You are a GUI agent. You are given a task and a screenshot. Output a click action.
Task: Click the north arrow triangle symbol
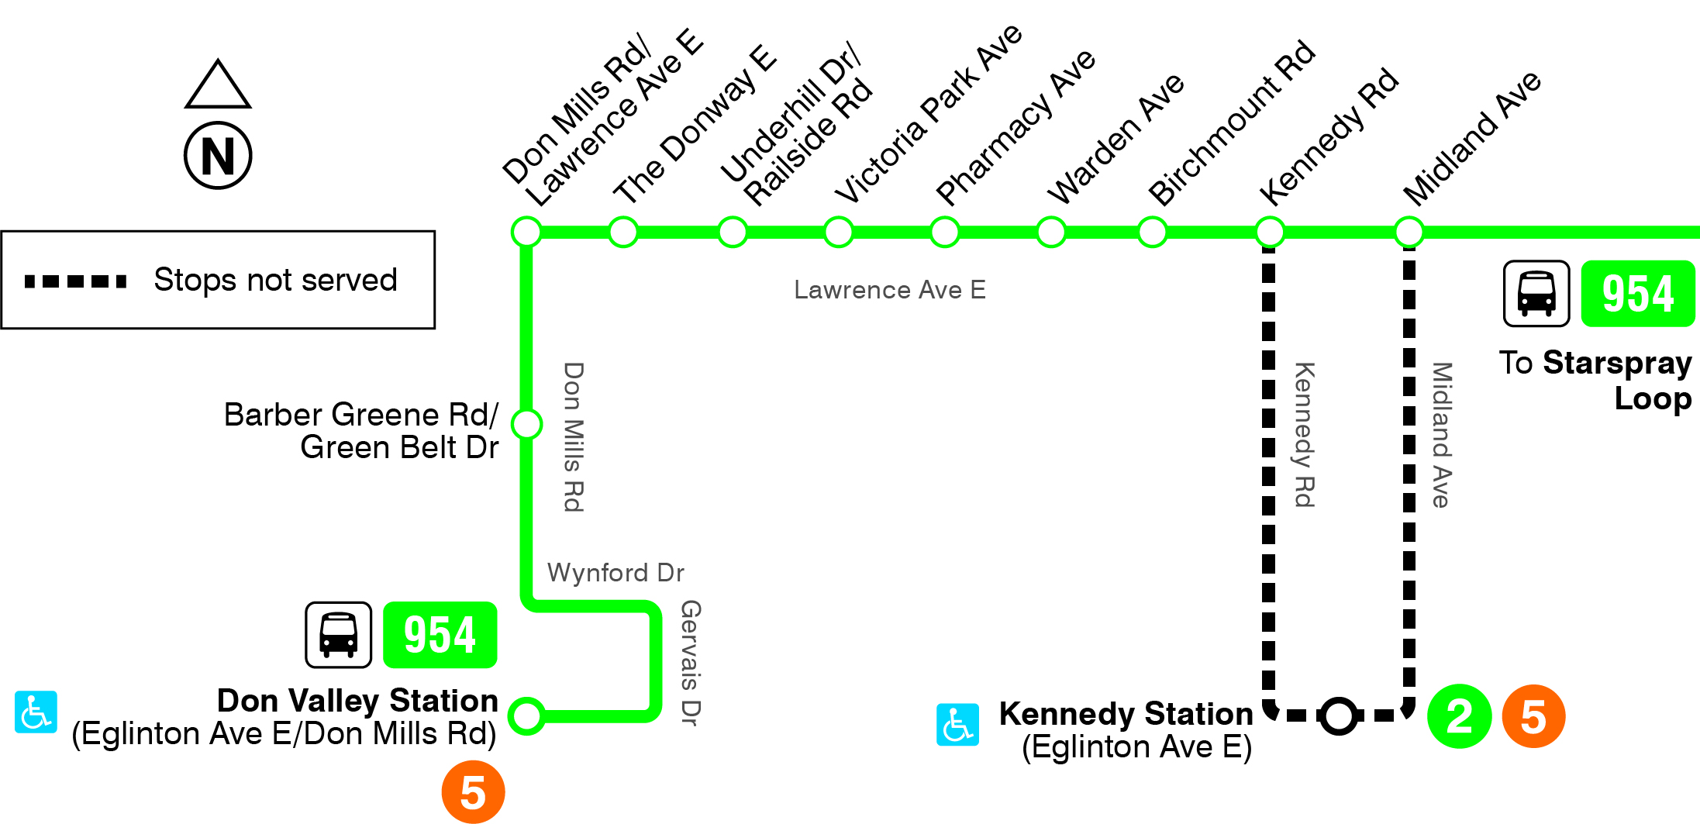(x=218, y=85)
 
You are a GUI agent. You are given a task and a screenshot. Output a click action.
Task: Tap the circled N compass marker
(x=218, y=155)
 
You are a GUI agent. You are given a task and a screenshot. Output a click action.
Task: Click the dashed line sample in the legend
(x=75, y=281)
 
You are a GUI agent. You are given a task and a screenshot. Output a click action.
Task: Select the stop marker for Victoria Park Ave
(x=838, y=232)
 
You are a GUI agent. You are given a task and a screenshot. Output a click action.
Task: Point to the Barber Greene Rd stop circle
(x=527, y=424)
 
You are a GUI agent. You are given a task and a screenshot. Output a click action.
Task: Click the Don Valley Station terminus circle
(x=527, y=715)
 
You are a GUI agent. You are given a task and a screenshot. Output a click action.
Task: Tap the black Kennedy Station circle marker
(x=1339, y=715)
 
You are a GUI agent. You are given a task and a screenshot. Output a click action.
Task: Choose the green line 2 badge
(x=1459, y=716)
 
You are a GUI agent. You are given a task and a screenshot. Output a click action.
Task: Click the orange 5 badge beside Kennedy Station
(x=1533, y=716)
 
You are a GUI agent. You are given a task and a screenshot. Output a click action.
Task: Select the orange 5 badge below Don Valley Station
(x=473, y=792)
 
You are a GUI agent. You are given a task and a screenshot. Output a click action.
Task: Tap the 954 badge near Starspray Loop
(x=1637, y=294)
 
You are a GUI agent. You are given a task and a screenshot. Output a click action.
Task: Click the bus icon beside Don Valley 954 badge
(x=339, y=635)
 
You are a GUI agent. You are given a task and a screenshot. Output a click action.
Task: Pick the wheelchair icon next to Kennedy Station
(x=957, y=725)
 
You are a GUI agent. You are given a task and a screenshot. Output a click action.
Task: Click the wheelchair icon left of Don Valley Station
(x=36, y=712)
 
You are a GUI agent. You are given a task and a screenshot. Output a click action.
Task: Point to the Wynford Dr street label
(x=616, y=573)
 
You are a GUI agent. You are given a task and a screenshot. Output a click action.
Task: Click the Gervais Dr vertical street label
(x=690, y=663)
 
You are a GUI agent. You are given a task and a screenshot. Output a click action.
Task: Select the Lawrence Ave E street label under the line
(x=889, y=290)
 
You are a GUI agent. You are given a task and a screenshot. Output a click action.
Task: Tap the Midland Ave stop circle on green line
(x=1409, y=232)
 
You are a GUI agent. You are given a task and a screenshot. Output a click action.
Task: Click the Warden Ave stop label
(x=1116, y=139)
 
